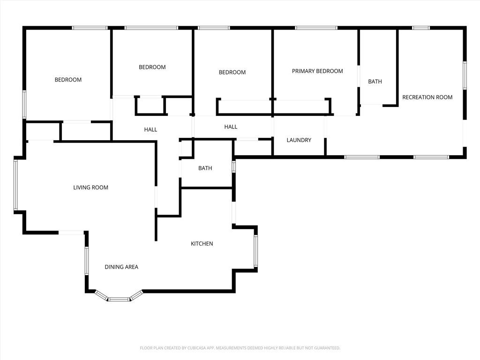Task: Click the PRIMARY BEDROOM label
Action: point(317,71)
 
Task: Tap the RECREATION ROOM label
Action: point(427,97)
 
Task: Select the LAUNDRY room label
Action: point(299,140)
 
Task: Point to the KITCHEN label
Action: point(202,244)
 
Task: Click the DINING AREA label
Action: point(121,267)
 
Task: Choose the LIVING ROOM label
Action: point(90,187)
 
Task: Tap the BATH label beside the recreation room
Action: point(375,82)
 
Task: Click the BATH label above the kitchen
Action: point(205,168)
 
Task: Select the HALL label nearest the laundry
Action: point(231,127)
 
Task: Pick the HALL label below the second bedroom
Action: point(150,130)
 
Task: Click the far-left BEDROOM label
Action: point(68,80)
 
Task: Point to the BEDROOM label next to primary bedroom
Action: point(232,72)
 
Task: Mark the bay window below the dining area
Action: point(119,298)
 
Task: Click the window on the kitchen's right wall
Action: point(255,251)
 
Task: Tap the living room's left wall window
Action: point(15,185)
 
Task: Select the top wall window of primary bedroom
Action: point(316,28)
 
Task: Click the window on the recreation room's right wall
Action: point(465,75)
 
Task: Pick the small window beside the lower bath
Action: point(233,166)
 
